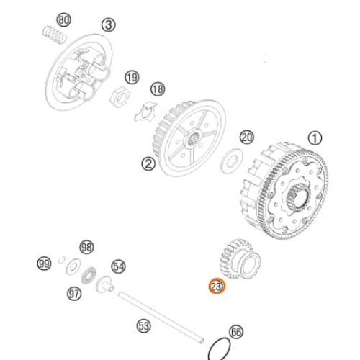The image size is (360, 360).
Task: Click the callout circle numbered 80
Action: pos(64,19)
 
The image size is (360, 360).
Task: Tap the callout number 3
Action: pos(109,25)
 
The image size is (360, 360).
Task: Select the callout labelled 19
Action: pos(131,77)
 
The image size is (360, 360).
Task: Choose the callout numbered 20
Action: pos(247,136)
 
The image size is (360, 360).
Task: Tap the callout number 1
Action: pos(315,138)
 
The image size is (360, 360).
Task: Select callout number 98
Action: pos(86,247)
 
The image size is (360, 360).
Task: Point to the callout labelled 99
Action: pos(45,265)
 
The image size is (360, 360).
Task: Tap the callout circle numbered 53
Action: pos(145,326)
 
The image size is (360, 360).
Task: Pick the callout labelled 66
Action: pos(237,333)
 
